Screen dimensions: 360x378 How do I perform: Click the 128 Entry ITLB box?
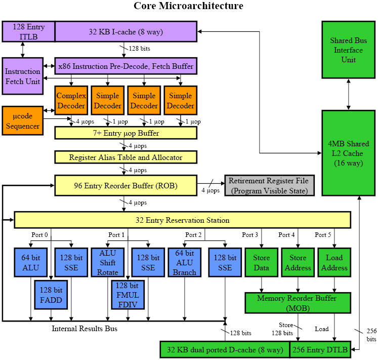[x=28, y=31]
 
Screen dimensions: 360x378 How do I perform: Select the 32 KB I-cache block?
[x=125, y=31]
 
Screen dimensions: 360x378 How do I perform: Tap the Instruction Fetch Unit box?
[x=22, y=76]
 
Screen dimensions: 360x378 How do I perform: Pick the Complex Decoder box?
[x=71, y=100]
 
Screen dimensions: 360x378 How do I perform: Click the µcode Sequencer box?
[x=22, y=121]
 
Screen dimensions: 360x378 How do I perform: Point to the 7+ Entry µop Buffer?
[x=125, y=133]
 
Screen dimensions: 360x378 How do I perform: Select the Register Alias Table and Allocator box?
[x=125, y=157]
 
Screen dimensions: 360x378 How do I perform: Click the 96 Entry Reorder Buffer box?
[x=125, y=185]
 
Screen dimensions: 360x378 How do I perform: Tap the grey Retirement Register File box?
[x=269, y=185]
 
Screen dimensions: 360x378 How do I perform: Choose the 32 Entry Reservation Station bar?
[x=182, y=220]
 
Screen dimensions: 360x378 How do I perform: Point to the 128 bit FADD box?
[x=51, y=295]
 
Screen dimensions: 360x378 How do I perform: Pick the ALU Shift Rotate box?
[x=108, y=262]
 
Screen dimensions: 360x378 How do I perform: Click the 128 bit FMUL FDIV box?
[x=128, y=294]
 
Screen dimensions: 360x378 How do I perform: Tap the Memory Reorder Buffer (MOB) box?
[x=298, y=303]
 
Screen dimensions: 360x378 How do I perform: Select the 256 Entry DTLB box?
[x=320, y=349]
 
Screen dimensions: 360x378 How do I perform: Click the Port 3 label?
[x=250, y=234]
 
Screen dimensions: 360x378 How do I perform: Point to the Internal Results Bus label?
[x=85, y=329]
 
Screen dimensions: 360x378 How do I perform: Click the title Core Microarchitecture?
[x=188, y=6]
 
